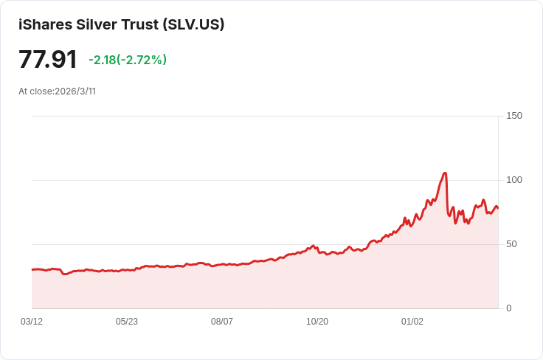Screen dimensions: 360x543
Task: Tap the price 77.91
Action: (48, 60)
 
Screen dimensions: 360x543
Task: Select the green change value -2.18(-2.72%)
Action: (128, 60)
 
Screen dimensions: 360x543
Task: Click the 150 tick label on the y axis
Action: (514, 116)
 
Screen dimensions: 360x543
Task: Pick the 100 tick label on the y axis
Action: (514, 180)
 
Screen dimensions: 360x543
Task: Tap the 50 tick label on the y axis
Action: (511, 244)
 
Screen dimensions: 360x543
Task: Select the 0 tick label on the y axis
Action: (508, 308)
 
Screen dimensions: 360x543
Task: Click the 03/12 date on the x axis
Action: (32, 322)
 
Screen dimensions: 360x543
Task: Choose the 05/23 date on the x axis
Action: (127, 322)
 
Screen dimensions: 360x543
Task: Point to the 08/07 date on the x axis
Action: (222, 322)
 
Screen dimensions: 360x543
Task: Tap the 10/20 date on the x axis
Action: (317, 322)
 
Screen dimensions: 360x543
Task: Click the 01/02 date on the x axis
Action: (412, 322)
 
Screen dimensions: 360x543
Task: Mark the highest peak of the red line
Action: (445, 173)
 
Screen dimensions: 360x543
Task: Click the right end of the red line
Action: (497, 208)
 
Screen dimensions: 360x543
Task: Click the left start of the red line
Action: (32, 269)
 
